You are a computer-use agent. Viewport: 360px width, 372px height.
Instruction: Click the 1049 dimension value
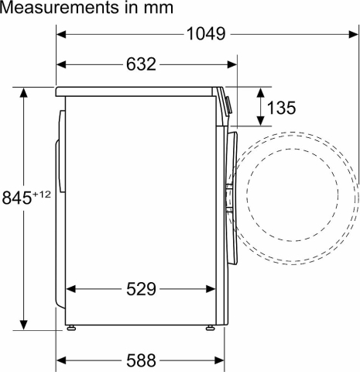point(206,34)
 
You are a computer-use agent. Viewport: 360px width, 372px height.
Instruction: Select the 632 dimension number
point(141,64)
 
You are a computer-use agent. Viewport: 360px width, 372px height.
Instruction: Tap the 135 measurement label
point(281,108)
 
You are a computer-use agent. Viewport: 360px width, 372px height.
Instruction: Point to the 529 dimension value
point(141,289)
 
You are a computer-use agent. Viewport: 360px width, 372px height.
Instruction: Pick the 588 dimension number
point(141,360)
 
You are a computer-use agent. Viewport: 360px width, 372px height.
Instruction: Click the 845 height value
point(16,198)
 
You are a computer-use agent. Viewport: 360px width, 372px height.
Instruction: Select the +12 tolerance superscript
point(41,195)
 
